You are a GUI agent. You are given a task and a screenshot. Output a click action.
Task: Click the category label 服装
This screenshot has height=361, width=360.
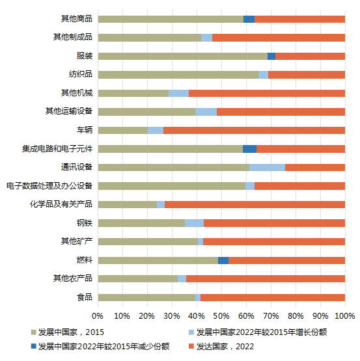[x=84, y=56]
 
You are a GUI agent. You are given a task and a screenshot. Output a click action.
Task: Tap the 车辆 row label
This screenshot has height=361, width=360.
[x=84, y=130]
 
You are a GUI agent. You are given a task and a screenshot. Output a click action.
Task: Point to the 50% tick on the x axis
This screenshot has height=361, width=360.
[x=221, y=315]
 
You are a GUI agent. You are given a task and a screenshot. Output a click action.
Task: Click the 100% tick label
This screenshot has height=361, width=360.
[x=344, y=315]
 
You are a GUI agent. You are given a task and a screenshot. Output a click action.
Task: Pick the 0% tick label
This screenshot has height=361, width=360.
[x=98, y=315]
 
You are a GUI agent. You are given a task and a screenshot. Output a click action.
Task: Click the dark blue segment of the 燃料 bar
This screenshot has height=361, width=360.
[x=223, y=260]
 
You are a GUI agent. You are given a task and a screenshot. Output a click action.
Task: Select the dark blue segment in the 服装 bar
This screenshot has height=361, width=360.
[x=271, y=56]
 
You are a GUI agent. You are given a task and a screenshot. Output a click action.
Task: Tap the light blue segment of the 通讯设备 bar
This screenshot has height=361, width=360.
[x=267, y=167]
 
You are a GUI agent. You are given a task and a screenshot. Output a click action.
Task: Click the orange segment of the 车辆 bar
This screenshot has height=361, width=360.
[x=254, y=130]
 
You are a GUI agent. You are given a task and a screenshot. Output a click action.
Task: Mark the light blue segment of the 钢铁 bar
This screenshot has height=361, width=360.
[x=194, y=223]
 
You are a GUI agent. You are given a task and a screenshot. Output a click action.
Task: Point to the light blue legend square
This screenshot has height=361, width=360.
[x=190, y=332]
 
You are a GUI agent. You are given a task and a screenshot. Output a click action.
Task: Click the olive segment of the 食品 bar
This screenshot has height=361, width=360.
[x=146, y=297]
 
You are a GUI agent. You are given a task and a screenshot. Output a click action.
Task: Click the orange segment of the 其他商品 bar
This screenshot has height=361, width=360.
[x=299, y=19]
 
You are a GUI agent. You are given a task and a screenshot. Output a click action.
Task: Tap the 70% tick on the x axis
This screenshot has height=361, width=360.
[x=271, y=315]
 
